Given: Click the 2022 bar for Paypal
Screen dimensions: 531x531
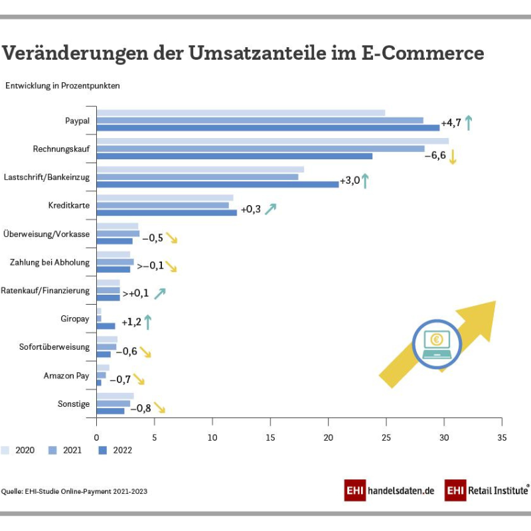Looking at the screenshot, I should (265, 127).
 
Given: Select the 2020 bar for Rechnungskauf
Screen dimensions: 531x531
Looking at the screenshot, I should (272, 141).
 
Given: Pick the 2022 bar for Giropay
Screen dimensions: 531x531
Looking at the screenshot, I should (106, 326).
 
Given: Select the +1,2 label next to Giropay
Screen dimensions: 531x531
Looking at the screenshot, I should (131, 323).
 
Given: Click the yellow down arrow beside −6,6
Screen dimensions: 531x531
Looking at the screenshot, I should (453, 157).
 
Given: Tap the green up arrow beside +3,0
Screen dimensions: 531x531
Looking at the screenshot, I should (364, 181).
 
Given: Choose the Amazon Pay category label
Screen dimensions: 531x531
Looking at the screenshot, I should (66, 376).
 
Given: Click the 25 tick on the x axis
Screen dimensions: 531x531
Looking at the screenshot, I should (386, 437).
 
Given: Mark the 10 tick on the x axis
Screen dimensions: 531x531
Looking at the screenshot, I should (212, 437).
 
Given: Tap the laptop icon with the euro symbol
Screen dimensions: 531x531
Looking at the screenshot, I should (436, 344).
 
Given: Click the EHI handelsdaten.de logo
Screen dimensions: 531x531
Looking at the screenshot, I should (390, 491).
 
